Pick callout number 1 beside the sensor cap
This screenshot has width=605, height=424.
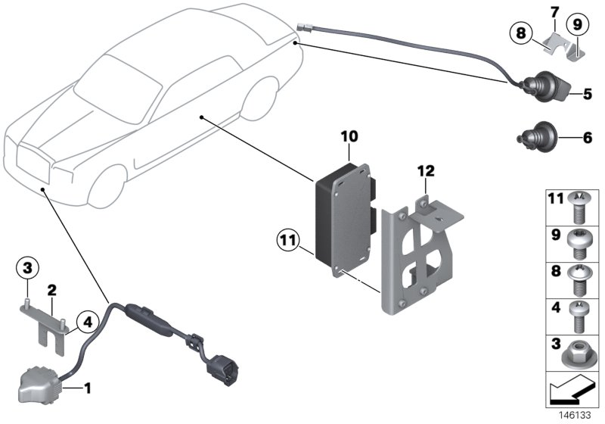[x=88, y=389]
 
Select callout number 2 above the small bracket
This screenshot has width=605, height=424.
[x=52, y=288]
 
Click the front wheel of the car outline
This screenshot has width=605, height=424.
[x=106, y=189]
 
